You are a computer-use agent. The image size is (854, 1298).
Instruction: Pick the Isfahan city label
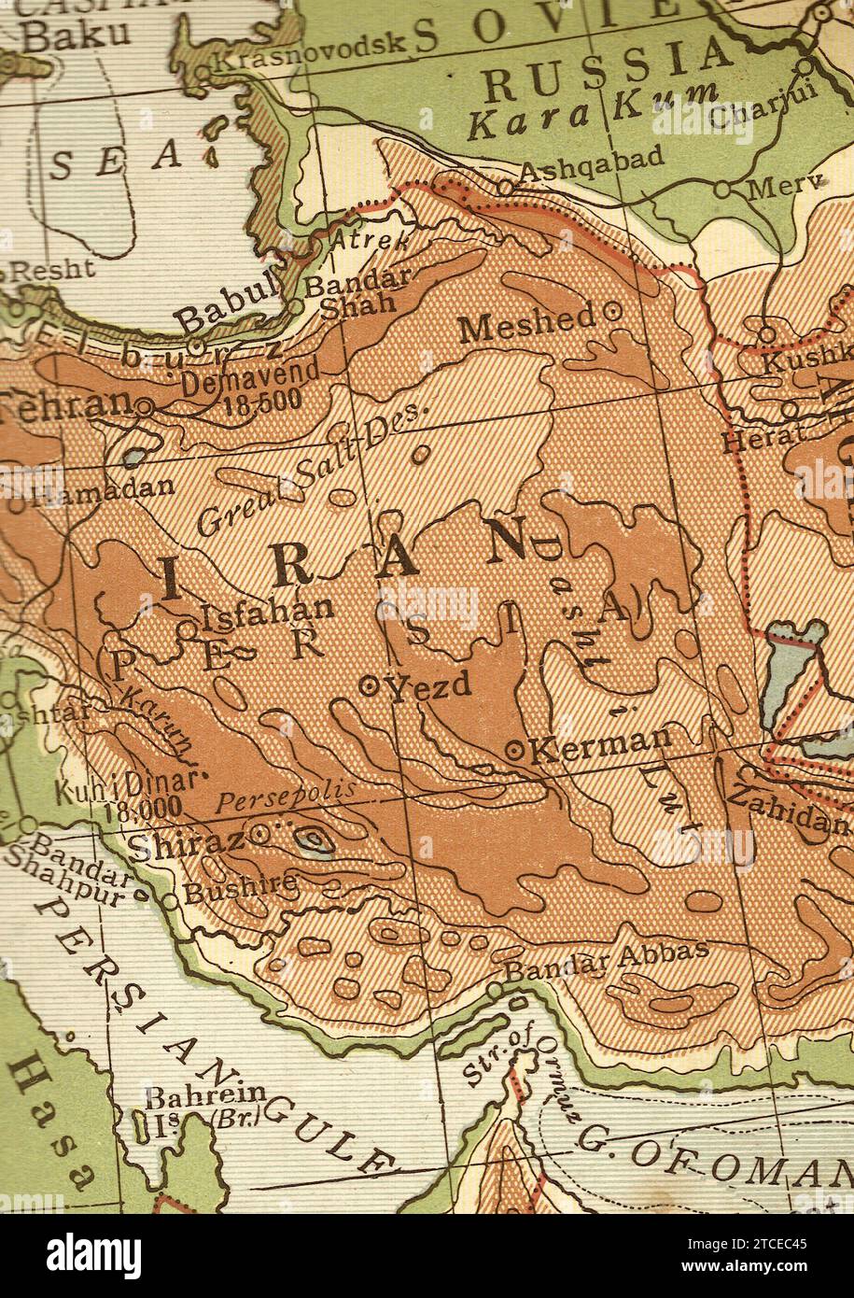pyautogui.click(x=267, y=613)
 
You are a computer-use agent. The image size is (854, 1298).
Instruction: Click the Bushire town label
pyautogui.click(x=240, y=887)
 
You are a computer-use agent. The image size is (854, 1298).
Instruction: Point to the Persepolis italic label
pyautogui.click(x=285, y=799)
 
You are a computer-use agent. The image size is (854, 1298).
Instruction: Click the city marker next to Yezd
pyautogui.click(x=369, y=686)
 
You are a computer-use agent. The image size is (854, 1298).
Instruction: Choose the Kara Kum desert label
pyautogui.click(x=593, y=112)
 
